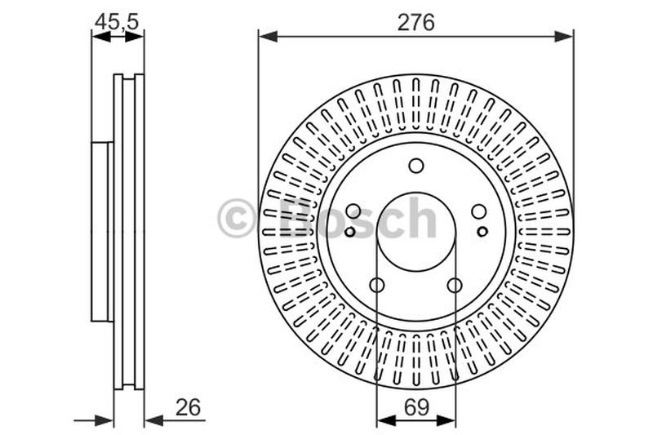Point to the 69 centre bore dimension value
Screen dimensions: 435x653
pos(415,406)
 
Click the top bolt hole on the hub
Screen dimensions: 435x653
pos(416,166)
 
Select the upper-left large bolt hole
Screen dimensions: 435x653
pos(353,211)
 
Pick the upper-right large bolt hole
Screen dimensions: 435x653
pos(479,211)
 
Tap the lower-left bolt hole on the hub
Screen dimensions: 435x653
pos(377,285)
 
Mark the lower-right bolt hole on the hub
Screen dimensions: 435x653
pos(455,285)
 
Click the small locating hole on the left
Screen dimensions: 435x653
pos(349,232)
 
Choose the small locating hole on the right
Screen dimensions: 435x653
pos(482,232)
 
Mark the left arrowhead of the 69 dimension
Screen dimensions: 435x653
pos(384,420)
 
